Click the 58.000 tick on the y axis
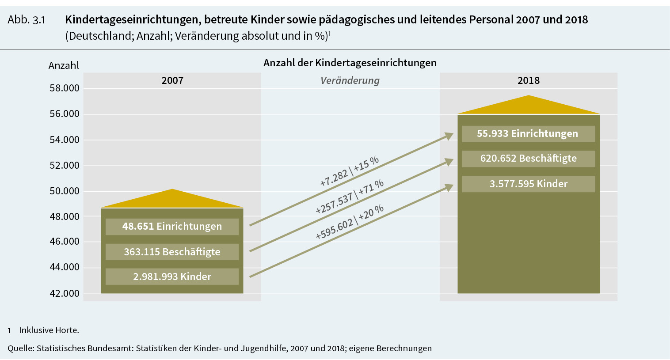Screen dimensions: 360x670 click(65, 88)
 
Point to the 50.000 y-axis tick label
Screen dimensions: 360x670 click(65, 191)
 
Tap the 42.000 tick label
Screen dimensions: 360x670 click(65, 293)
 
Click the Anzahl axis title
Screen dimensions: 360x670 click(64, 65)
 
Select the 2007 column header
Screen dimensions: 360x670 click(172, 80)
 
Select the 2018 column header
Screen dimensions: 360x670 click(529, 80)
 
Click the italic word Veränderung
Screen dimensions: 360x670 click(350, 80)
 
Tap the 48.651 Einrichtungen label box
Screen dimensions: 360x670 click(172, 226)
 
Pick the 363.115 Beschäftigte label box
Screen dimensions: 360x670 click(172, 252)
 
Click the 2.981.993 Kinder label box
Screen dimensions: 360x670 click(172, 277)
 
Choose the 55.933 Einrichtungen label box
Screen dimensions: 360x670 click(528, 134)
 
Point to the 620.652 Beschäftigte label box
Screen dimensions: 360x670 click(528, 159)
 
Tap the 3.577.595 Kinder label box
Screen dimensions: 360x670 click(528, 184)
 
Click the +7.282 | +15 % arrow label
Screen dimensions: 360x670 click(349, 171)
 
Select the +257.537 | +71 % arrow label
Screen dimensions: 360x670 click(349, 197)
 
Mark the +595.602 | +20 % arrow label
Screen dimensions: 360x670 click(349, 222)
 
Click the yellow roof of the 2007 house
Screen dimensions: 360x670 click(172, 200)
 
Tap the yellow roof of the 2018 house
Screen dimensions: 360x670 click(529, 106)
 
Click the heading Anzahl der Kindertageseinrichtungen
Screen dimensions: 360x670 click(350, 63)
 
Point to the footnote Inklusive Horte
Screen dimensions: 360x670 click(49, 330)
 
